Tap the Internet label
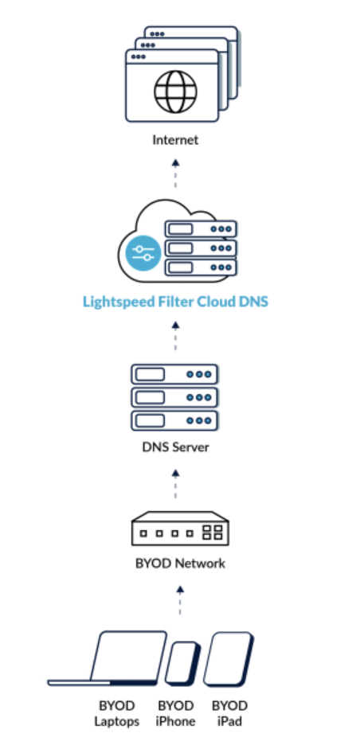[x=175, y=141]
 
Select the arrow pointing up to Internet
[x=176, y=173]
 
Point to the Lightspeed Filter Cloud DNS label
[x=175, y=302]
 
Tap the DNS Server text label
[x=175, y=447]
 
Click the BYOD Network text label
[x=179, y=564]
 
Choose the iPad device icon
[x=229, y=659]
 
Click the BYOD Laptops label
[x=118, y=713]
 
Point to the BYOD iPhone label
[x=176, y=713]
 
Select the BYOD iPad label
[x=229, y=713]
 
